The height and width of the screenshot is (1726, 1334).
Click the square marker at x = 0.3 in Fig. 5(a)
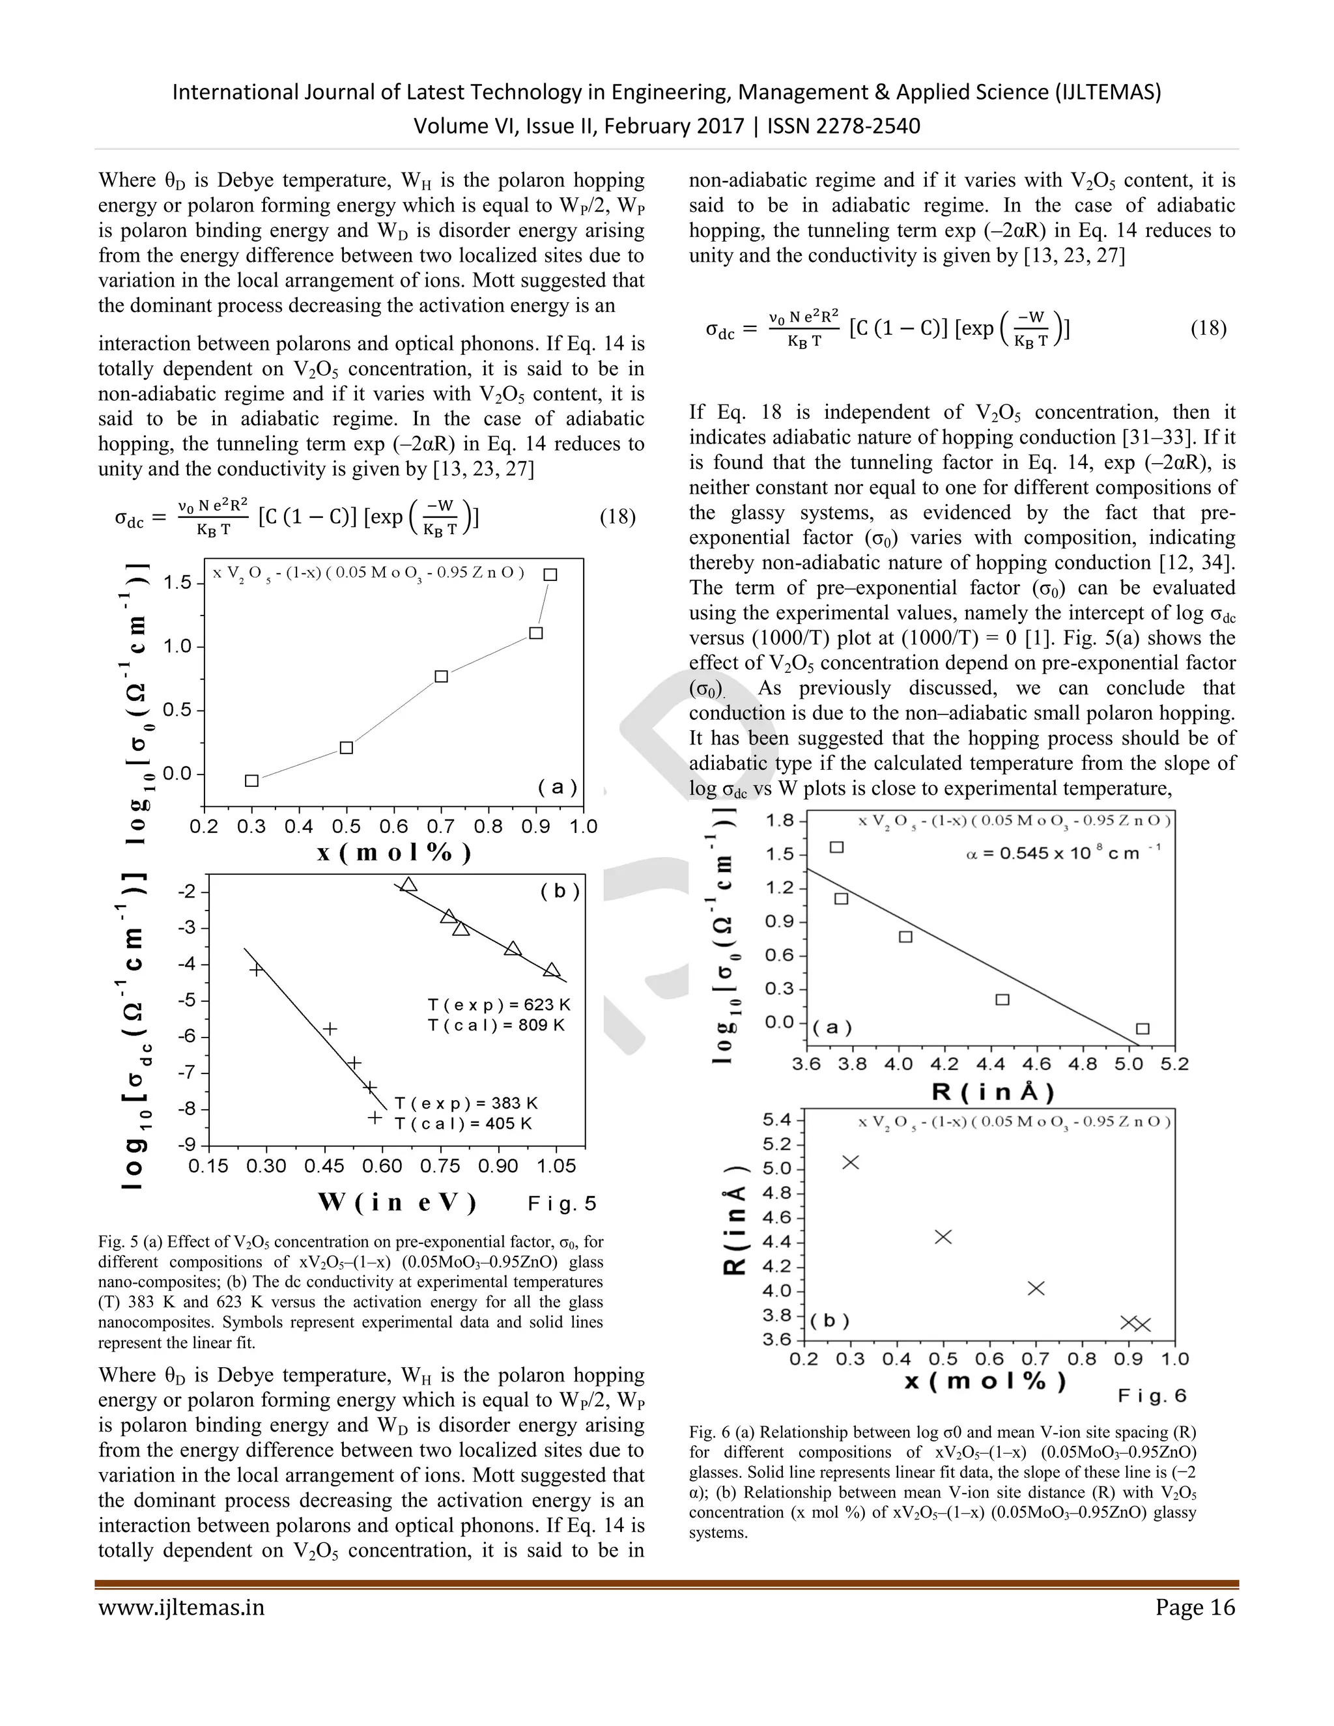coord(252,781)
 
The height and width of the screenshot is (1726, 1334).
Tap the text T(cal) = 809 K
coord(496,1025)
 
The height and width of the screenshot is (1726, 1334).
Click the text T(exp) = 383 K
coord(466,1103)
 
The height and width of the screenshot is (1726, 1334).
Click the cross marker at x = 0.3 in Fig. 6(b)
coord(850,1162)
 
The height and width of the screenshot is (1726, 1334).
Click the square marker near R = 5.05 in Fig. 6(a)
coord(1142,1028)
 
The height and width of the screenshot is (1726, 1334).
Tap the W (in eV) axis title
coord(397,1203)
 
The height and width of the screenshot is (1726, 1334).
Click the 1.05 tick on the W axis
coord(556,1166)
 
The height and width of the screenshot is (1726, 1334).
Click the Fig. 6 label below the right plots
coord(1152,1396)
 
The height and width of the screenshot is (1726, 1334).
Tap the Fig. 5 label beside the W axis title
coord(562,1204)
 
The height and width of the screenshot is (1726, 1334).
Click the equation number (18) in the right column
coord(1208,328)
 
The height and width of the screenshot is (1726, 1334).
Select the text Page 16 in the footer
coord(1194,1607)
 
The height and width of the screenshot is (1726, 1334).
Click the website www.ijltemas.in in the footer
coord(181,1607)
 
